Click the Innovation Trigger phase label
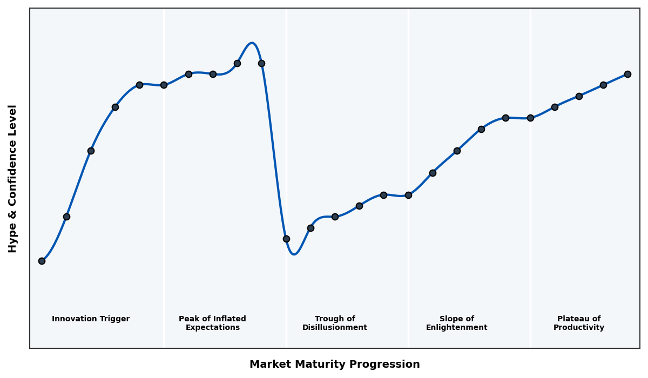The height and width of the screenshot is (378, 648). pos(91,319)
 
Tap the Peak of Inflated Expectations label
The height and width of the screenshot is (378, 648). pos(212,323)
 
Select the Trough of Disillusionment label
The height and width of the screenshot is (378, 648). pos(335,323)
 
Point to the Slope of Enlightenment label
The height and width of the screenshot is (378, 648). pos(457,323)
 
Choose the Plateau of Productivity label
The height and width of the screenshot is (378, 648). pos(579,323)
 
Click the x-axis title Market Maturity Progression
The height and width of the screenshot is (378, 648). pos(335,364)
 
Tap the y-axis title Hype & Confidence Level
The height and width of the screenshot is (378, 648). pos(13,178)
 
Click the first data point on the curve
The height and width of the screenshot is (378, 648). pos(42,261)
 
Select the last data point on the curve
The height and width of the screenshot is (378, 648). pos(627,74)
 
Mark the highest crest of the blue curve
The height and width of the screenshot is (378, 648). pos(252,43)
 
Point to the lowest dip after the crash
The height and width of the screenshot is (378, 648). pos(294,254)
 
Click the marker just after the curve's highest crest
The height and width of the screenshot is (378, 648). pos(261,63)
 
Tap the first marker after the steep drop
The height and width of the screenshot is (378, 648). pos(286,239)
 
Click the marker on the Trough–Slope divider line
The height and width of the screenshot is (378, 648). pos(408,195)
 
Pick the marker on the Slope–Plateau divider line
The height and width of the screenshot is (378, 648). pos(530,118)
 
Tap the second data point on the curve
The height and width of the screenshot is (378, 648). pos(66,217)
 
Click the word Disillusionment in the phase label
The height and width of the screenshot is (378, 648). pos(335,328)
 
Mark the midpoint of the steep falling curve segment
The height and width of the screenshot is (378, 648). pos(274,151)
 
